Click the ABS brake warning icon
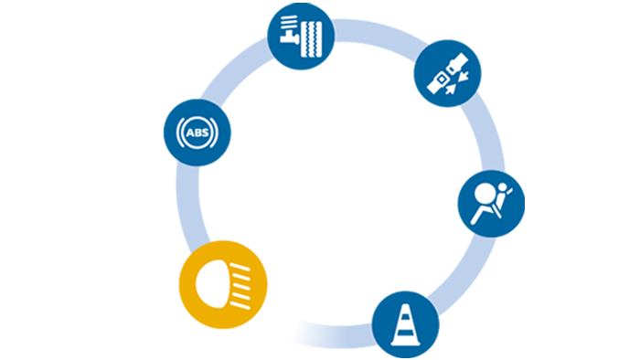(197, 132)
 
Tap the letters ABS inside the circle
(197, 132)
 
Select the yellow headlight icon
(223, 284)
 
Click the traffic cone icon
(405, 325)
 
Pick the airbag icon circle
(491, 204)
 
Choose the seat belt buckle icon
(447, 73)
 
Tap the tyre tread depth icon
(301, 36)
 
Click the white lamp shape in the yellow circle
(211, 284)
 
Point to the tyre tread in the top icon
(312, 39)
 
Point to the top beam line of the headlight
(240, 267)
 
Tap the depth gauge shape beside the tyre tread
(289, 30)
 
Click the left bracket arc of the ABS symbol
(179, 132)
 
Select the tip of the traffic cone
(405, 305)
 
